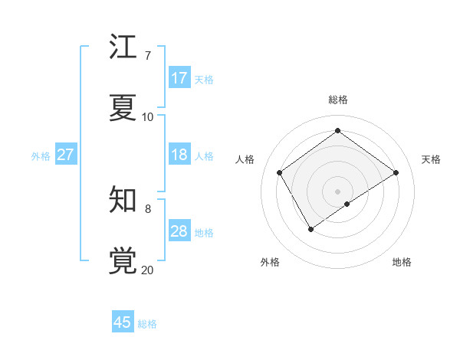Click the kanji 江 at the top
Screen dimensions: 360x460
[123, 47]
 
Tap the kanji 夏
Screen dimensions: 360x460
[123, 108]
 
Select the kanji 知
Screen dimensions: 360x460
[123, 200]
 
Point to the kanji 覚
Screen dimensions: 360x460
[123, 261]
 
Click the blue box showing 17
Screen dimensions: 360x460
[179, 78]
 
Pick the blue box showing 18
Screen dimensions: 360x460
[179, 155]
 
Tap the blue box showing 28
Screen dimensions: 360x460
[179, 231]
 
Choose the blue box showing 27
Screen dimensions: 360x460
[65, 155]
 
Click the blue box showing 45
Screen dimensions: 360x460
[123, 322]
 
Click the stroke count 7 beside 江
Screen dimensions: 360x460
[147, 56]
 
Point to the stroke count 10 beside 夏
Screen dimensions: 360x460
[148, 117]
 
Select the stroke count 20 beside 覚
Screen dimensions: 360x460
[148, 270]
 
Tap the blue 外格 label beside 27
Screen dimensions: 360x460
[41, 155]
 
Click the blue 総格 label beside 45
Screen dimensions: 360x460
[147, 323]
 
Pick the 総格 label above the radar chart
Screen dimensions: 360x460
[338, 100]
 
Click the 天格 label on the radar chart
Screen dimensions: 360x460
[431, 159]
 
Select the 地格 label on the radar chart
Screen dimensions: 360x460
[402, 262]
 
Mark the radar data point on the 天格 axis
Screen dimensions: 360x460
[396, 172]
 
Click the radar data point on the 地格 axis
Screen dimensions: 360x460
[347, 204]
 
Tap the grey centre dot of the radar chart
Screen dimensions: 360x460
[338, 191]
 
